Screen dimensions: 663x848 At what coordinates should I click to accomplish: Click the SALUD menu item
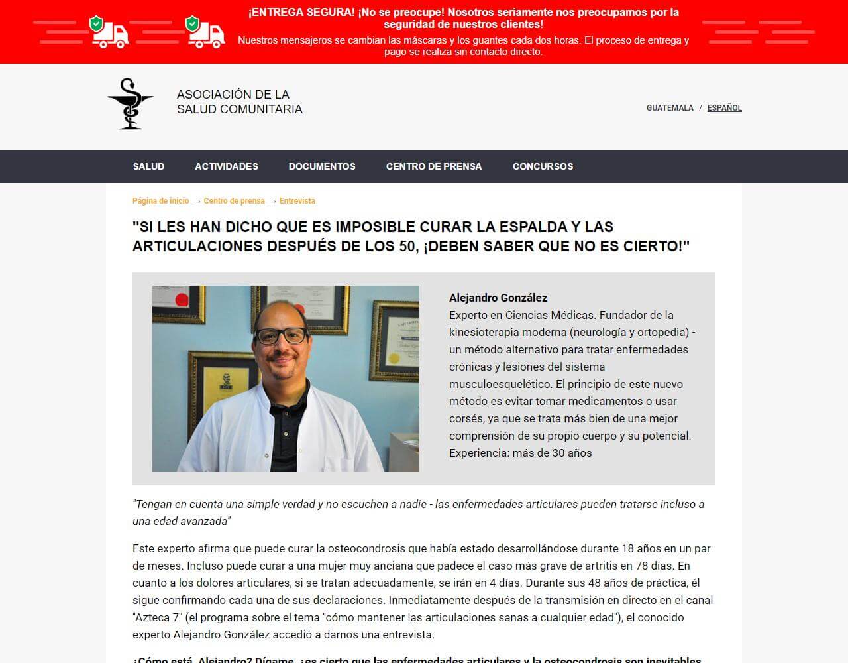click(x=148, y=166)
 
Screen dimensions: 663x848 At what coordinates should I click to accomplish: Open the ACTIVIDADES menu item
click(x=227, y=166)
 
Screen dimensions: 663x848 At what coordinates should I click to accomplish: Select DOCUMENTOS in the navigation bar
click(x=322, y=166)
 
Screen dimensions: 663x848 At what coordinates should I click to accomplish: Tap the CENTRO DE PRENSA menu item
click(x=434, y=166)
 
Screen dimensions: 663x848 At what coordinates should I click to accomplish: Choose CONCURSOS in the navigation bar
click(x=543, y=166)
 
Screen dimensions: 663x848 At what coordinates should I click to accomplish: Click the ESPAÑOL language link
click(x=724, y=108)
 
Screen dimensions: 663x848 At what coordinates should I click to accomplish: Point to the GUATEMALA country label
click(x=670, y=108)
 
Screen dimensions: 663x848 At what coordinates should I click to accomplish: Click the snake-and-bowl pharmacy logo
click(x=130, y=103)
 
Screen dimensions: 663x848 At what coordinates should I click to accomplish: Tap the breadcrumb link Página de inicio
click(x=160, y=201)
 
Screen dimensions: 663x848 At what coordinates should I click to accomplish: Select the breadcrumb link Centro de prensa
click(x=234, y=201)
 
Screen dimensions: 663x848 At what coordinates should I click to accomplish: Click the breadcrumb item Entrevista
click(x=297, y=201)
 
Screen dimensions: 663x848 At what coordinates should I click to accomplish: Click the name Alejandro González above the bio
click(x=498, y=298)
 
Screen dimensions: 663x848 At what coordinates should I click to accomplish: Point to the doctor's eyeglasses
click(x=282, y=335)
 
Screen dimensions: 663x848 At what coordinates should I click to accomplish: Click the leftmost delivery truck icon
click(x=109, y=33)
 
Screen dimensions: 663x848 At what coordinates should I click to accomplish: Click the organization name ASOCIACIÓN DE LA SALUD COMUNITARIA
click(x=239, y=102)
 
